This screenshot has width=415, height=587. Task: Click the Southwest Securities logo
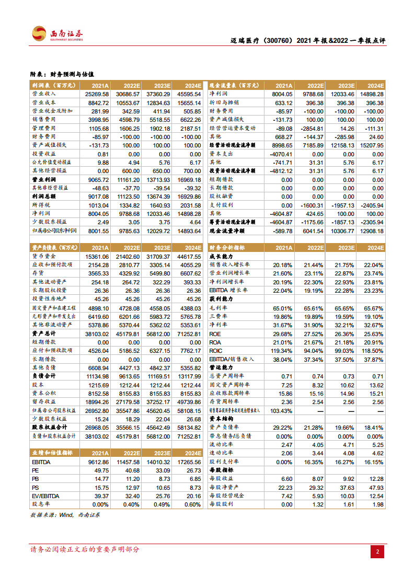click(57, 34)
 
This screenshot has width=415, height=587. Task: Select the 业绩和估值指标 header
click(52, 453)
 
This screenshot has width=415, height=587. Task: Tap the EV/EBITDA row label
click(45, 496)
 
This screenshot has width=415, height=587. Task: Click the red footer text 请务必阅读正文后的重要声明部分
click(85, 549)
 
